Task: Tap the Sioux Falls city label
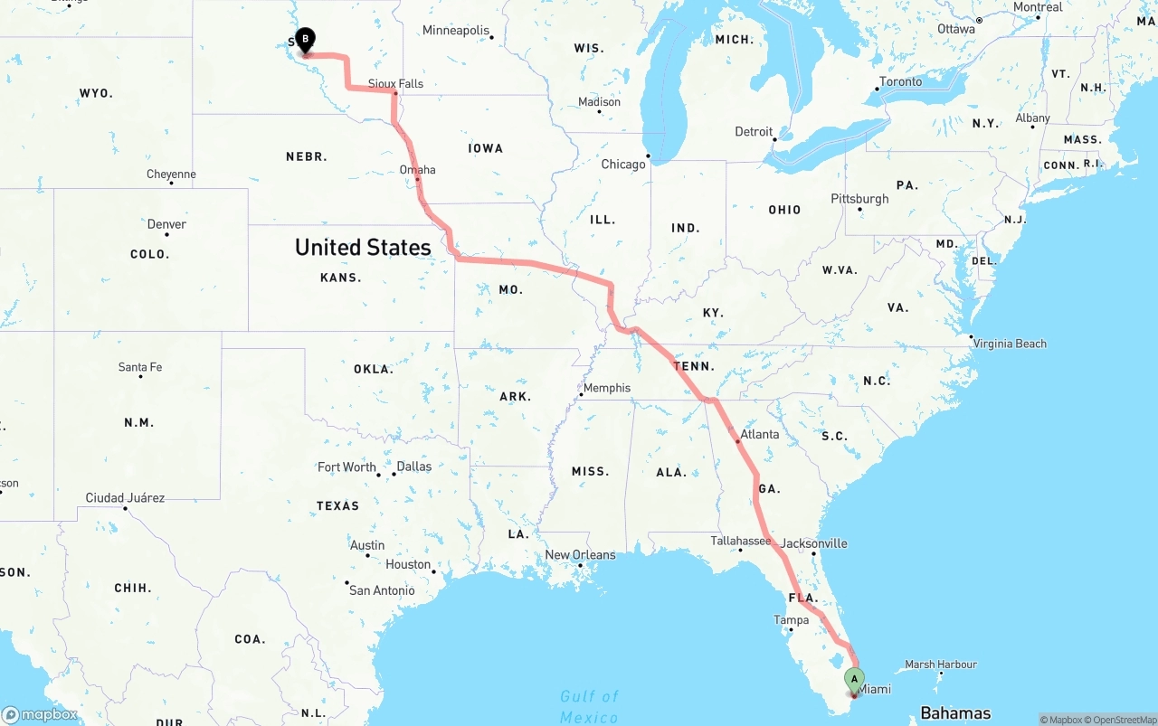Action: (395, 83)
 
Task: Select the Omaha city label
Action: (417, 169)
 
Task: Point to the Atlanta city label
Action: (759, 434)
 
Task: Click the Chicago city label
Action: (623, 164)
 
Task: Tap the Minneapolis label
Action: (455, 30)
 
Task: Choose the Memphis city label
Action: (606, 388)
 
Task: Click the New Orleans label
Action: (580, 554)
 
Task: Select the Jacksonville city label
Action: (814, 543)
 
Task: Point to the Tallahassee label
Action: (740, 541)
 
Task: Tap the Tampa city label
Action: (790, 619)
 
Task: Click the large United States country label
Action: (363, 247)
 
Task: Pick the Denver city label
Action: (166, 224)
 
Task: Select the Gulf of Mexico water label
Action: (589, 706)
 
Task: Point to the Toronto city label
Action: (900, 81)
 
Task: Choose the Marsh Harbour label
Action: (941, 665)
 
